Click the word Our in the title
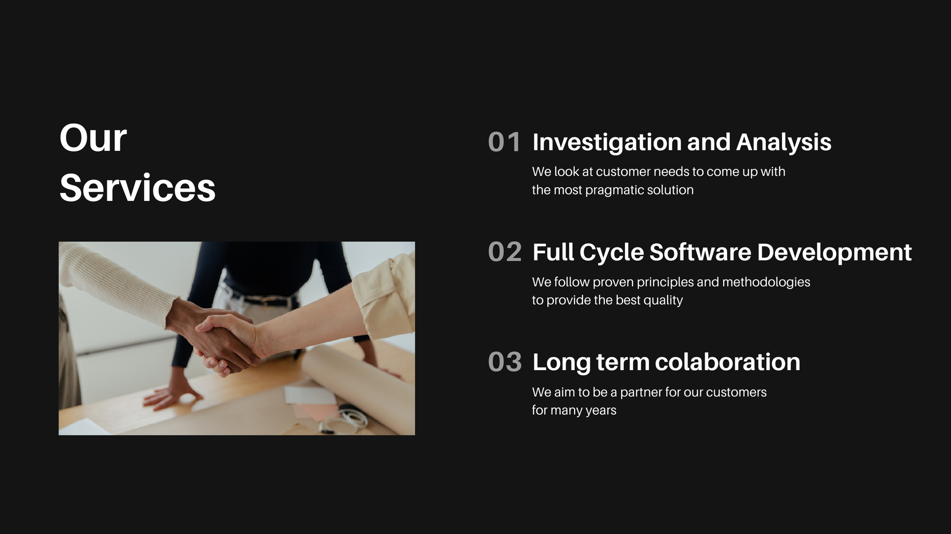pos(93,138)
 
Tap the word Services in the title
pos(138,188)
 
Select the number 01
pos(504,143)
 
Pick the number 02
pos(505,252)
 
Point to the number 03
pos(505,362)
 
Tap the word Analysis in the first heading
pos(784,143)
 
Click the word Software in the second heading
pos(700,252)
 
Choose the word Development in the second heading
pos(835,253)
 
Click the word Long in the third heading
pos(562,363)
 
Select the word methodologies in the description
pos(766,283)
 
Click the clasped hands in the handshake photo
pos(225,341)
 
